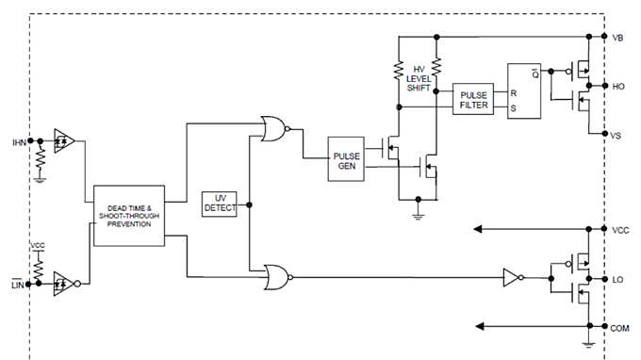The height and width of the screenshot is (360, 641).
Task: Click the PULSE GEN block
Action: (x=345, y=156)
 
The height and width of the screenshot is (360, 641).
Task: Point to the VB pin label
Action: (x=617, y=38)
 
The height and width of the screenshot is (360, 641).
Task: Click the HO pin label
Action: (x=617, y=87)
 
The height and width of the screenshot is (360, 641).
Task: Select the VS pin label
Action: (x=616, y=136)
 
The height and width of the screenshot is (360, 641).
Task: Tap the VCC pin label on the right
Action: (x=619, y=229)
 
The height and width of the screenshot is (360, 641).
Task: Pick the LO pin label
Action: (x=617, y=279)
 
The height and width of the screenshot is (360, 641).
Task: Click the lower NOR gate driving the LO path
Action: (x=277, y=276)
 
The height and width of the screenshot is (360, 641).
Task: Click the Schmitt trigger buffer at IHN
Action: (x=63, y=141)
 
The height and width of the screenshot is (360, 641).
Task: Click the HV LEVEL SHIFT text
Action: (x=422, y=79)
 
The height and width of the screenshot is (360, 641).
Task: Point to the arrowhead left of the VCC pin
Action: (x=481, y=229)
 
